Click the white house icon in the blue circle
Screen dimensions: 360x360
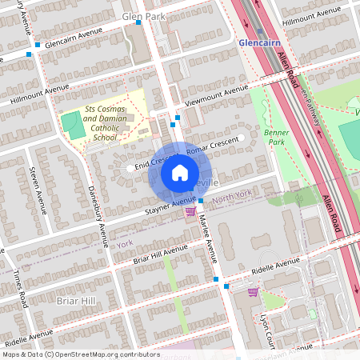point(180,172)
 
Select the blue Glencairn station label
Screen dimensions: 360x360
point(258,42)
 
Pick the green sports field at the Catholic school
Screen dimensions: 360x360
point(74,125)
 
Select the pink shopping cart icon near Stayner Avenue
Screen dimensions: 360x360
point(190,211)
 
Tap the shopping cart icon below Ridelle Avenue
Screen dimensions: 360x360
point(254,292)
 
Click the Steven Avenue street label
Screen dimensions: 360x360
point(35,185)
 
